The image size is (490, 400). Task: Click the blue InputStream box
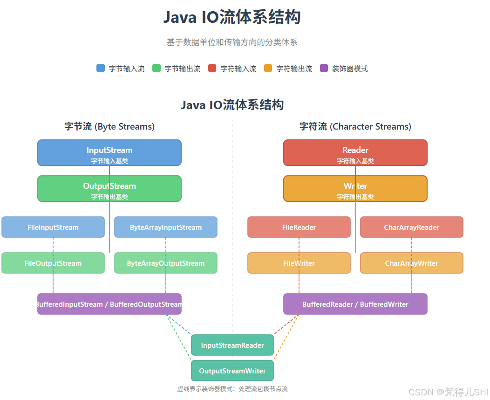(109, 152)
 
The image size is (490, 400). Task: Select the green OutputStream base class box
(109, 188)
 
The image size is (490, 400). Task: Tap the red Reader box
(355, 152)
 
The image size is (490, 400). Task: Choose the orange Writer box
(355, 188)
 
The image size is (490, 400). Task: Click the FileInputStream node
(53, 227)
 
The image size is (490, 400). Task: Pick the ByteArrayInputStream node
(166, 227)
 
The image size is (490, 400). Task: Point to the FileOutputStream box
(53, 263)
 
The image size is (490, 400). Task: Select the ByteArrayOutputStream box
(166, 263)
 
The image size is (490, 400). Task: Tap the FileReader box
(299, 227)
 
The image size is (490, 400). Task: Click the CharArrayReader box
(412, 227)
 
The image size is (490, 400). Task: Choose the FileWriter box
(299, 263)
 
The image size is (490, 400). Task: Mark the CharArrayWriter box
(412, 263)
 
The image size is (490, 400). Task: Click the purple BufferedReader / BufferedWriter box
(355, 304)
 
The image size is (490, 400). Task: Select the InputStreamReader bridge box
(232, 345)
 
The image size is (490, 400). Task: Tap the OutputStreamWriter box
(232, 371)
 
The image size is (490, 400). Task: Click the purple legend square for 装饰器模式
(324, 68)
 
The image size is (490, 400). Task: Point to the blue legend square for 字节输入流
(101, 68)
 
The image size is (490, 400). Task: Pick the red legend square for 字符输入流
(212, 68)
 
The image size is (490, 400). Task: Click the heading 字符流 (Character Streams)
(355, 126)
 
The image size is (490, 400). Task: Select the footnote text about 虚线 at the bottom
(232, 389)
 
